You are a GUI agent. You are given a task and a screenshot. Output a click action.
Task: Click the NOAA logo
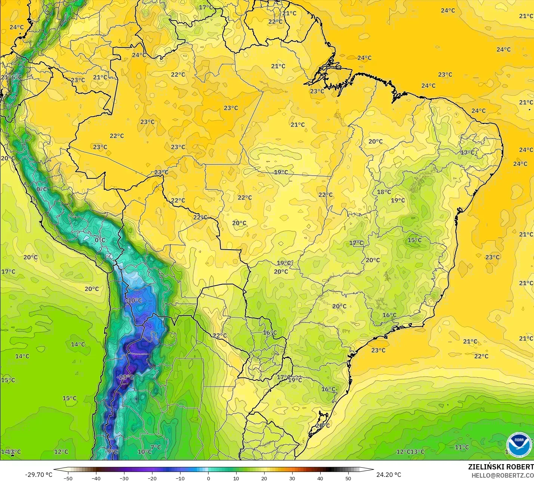pos(519,445)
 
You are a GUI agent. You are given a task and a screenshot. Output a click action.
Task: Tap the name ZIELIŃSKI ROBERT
pos(501,467)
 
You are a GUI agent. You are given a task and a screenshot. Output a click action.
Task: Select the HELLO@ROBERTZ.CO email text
pos(502,475)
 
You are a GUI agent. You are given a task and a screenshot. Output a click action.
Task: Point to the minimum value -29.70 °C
pos(38,475)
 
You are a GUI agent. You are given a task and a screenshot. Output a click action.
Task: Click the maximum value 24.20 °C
pos(389,475)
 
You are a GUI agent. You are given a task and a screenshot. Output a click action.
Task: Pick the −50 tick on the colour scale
pos(68,478)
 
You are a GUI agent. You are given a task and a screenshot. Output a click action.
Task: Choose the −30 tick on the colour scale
pos(124,478)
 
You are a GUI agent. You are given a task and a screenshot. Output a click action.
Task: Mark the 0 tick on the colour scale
pos(208,478)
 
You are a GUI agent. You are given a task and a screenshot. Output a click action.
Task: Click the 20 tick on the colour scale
pos(264,478)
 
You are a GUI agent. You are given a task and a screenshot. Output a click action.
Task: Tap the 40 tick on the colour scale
pos(320,478)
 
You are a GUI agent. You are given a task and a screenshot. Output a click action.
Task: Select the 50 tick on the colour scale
pos(348,478)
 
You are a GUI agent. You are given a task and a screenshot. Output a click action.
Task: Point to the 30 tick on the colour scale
pos(292,478)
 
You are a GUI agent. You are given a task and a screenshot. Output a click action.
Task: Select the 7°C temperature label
pos(155,447)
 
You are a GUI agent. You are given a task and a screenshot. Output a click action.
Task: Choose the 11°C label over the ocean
pos(462,447)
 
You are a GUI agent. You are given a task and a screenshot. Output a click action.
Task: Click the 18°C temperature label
pos(384,192)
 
